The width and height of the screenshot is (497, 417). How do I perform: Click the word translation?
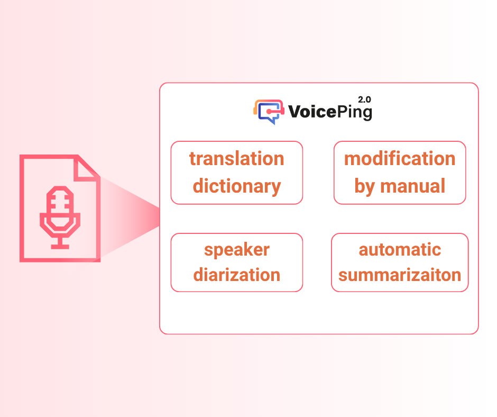point(237,158)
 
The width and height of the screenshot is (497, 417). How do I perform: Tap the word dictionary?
point(237,186)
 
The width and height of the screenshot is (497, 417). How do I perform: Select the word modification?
point(400,158)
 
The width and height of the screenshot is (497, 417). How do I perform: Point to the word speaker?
point(237,250)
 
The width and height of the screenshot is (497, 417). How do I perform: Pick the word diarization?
point(237,275)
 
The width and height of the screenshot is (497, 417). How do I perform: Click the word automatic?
point(400,250)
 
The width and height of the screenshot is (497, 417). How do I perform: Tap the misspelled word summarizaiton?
point(400,275)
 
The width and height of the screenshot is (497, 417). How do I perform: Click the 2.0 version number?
point(364,99)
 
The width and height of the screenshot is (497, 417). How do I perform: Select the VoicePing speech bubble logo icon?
point(269,112)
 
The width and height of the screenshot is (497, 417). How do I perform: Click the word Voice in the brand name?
point(312,112)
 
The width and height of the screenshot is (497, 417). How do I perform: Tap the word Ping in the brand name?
point(354,113)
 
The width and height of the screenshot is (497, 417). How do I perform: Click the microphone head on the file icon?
point(60,208)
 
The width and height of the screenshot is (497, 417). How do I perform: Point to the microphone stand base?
point(60,247)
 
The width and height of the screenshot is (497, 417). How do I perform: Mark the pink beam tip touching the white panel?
point(159,217)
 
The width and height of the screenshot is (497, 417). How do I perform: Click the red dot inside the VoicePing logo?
point(269,111)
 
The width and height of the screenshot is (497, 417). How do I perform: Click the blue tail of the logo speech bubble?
point(272,121)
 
